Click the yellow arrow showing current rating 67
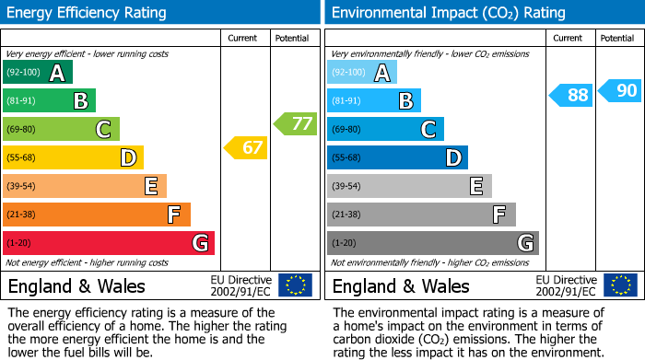coord(245,147)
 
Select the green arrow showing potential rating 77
coord(294,123)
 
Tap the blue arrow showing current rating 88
coord(571,95)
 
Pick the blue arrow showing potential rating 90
coord(619,90)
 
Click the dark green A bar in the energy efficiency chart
coord(37,73)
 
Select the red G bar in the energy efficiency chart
coord(108,243)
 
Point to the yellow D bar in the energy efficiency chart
coord(73,157)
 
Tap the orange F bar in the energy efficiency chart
coord(96,215)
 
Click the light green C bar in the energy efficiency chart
coord(61,129)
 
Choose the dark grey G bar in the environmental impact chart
coord(432,243)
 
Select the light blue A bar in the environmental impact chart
coord(361,73)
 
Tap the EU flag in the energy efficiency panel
coord(295,285)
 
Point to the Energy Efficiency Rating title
coord(88,13)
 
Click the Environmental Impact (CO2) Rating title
coord(448,13)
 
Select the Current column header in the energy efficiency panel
coord(243,38)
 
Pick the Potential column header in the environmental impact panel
coord(616,38)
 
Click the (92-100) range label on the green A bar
coord(24,73)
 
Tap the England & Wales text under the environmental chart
coord(401,285)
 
